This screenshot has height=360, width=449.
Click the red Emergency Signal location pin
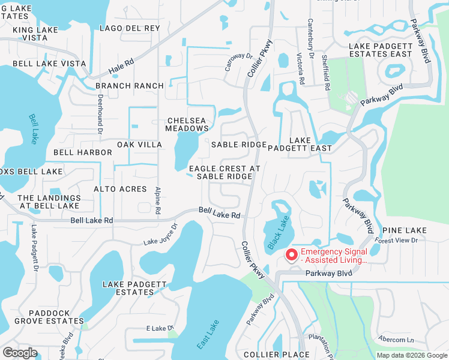[292, 255]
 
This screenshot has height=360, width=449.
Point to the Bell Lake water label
[32, 128]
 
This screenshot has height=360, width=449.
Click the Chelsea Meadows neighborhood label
[187, 124]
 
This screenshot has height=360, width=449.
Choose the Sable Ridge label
[238, 145]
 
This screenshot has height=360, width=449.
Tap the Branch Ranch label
[129, 86]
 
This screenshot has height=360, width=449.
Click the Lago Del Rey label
[130, 28]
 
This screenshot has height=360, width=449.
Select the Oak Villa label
[139, 145]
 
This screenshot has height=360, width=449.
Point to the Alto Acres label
[120, 189]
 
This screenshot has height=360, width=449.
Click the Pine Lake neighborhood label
[405, 230]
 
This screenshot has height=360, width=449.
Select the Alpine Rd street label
[158, 200]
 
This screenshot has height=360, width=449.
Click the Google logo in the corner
[20, 353]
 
